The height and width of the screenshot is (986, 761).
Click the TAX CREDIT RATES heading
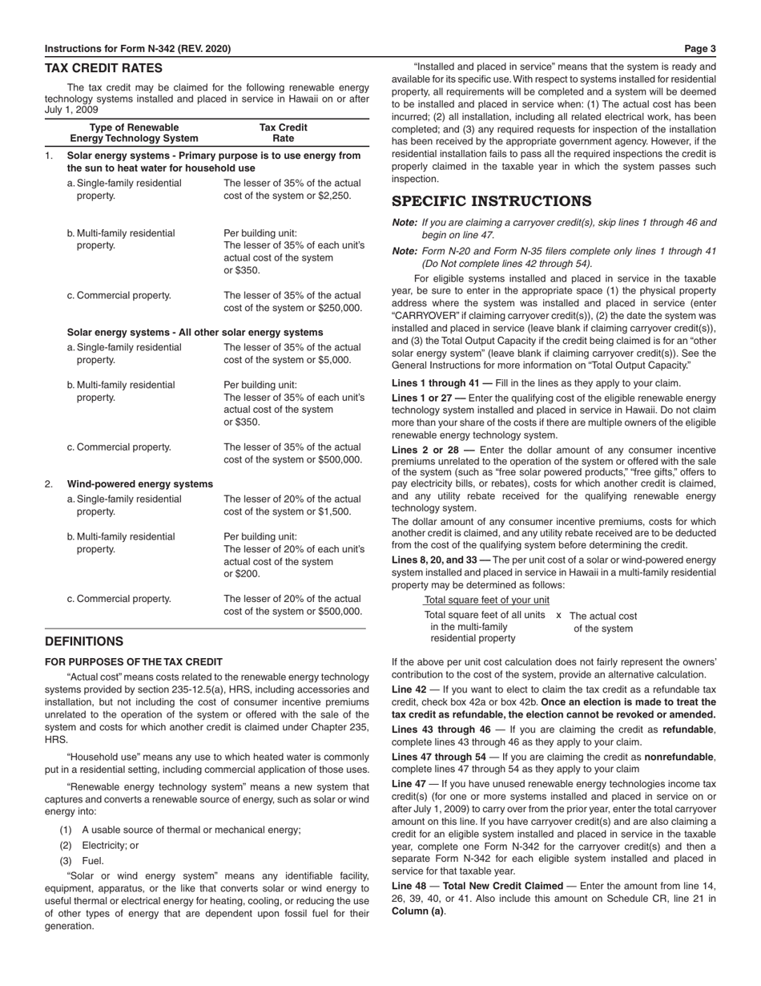coord(103,69)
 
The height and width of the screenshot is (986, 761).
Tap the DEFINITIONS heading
coord(84,641)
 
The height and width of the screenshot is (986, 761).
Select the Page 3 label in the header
coord(701,49)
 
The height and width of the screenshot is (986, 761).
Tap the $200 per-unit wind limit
coord(249,576)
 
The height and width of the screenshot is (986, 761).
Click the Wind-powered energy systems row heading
coord(139,484)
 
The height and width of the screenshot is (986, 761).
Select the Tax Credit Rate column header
coord(283,133)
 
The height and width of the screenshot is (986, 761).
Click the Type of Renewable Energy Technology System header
coord(134,133)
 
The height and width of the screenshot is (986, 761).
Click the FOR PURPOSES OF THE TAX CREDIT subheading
coord(134,662)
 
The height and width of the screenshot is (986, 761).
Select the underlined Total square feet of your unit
coord(486,600)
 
